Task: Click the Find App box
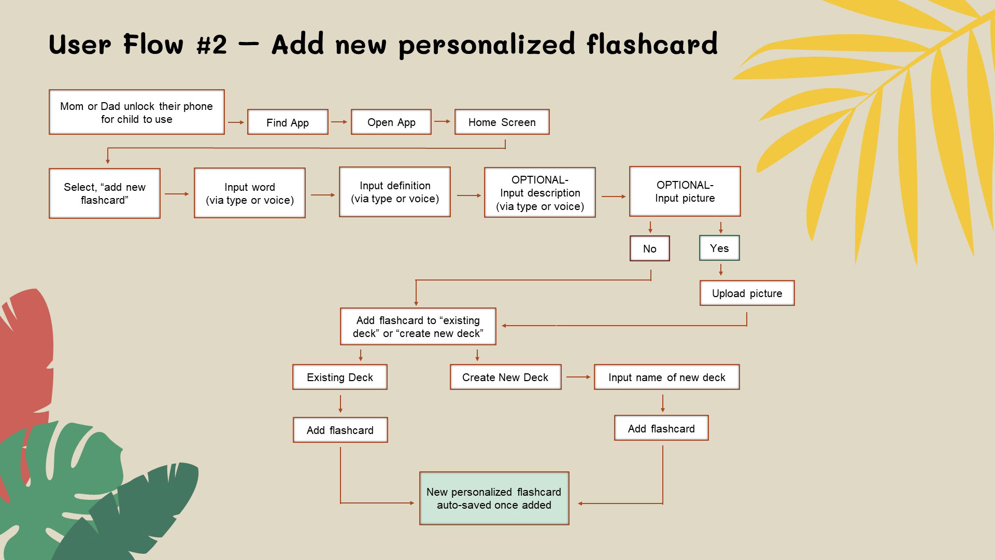point(288,122)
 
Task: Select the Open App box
point(391,122)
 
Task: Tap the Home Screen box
point(502,122)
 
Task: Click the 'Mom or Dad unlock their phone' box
point(136,113)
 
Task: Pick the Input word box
point(249,193)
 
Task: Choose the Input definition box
point(394,192)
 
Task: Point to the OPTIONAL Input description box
point(539,193)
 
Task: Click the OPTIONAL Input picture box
point(685,191)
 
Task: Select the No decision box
point(649,249)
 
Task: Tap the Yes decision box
point(719,248)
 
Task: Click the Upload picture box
point(747,293)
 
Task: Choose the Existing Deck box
point(339,377)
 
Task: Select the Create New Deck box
point(505,377)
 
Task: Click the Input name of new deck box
point(666,377)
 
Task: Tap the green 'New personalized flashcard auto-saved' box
point(494,498)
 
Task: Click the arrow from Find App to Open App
point(339,122)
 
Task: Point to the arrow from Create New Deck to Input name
point(578,377)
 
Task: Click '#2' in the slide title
point(211,45)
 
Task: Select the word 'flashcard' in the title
point(652,45)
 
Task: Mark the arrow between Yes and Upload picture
point(720,270)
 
